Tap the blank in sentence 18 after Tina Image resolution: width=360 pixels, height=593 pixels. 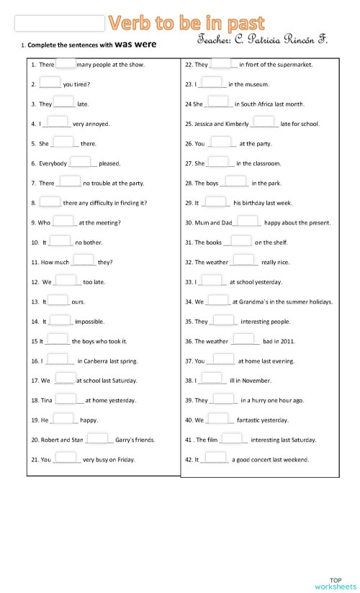[66, 398]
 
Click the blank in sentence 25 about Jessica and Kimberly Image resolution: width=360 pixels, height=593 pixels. [264, 122]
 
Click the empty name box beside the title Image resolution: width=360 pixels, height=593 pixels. [60, 24]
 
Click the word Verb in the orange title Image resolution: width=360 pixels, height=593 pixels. [129, 24]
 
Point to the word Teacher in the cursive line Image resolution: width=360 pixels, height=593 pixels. [214, 42]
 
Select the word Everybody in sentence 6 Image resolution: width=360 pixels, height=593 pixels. [53, 163]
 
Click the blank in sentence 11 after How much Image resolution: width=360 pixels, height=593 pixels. [84, 261]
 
